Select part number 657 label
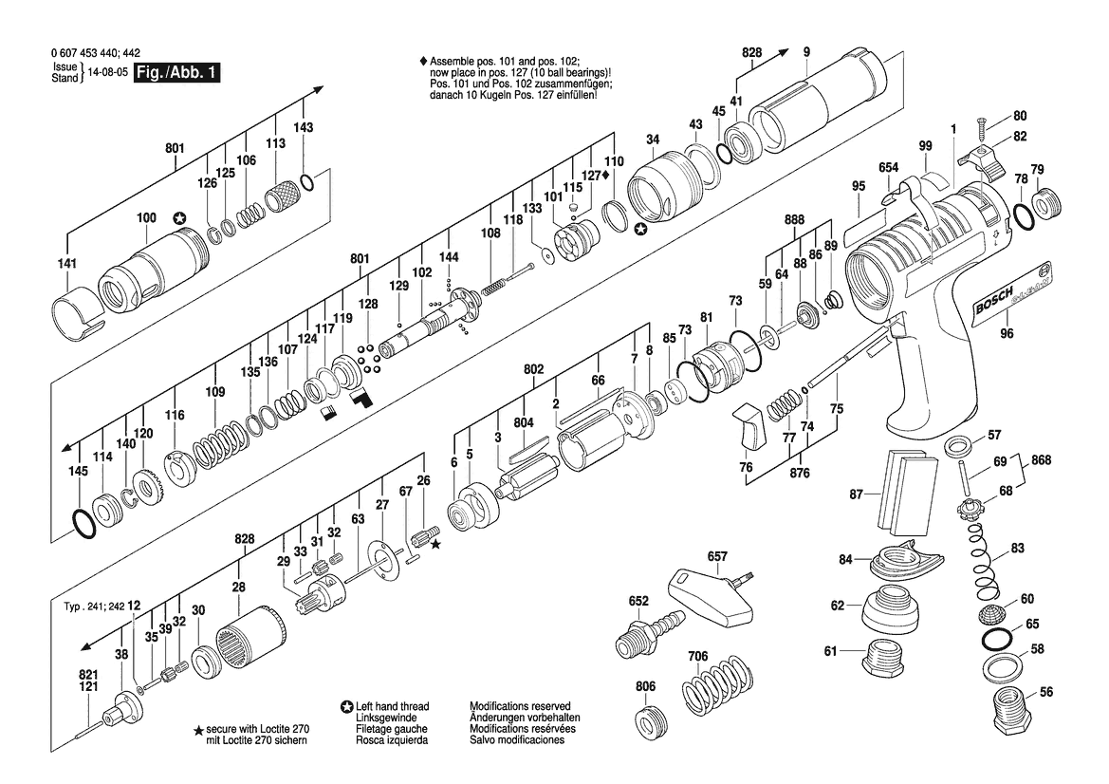click(717, 556)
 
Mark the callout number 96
click(1007, 333)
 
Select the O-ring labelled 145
click(83, 521)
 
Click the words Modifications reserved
click(520, 707)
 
